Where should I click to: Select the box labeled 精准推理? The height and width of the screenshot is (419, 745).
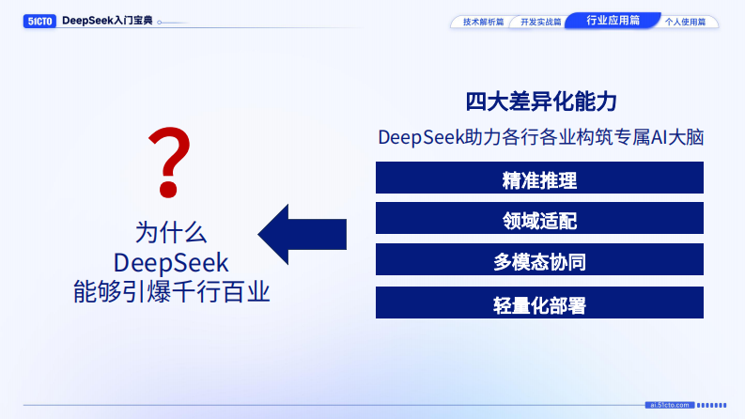click(x=539, y=178)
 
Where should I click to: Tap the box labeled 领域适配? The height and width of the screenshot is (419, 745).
click(x=539, y=220)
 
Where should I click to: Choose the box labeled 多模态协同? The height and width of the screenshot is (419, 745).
click(x=539, y=261)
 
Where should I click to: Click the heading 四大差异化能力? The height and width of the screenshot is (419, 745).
click(x=540, y=101)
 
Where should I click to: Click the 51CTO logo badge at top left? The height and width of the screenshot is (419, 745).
click(x=40, y=21)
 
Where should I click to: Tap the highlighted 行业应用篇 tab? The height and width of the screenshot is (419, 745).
click(x=612, y=20)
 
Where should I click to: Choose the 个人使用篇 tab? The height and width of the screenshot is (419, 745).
click(x=685, y=21)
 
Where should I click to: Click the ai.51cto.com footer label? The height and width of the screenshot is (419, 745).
click(x=670, y=405)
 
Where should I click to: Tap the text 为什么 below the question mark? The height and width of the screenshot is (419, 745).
click(x=171, y=232)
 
